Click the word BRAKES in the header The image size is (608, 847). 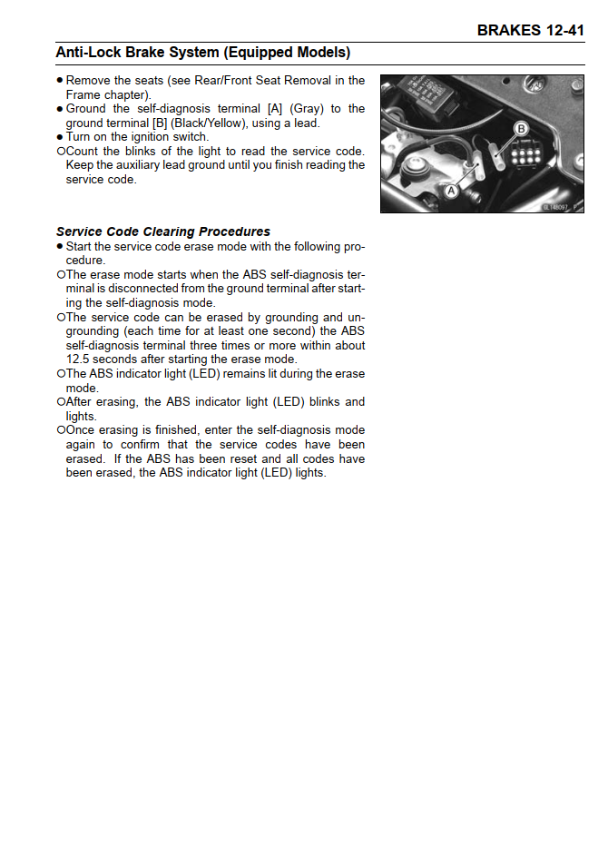[509, 31]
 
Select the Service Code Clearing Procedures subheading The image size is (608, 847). [163, 231]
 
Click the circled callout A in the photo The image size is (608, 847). [450, 191]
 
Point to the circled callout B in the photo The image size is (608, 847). [521, 129]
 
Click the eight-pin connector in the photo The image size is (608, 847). [526, 158]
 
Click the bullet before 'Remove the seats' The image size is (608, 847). [60, 81]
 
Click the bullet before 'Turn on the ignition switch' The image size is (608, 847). [60, 137]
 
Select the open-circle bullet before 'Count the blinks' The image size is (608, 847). [60, 152]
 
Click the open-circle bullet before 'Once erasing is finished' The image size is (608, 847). [60, 430]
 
